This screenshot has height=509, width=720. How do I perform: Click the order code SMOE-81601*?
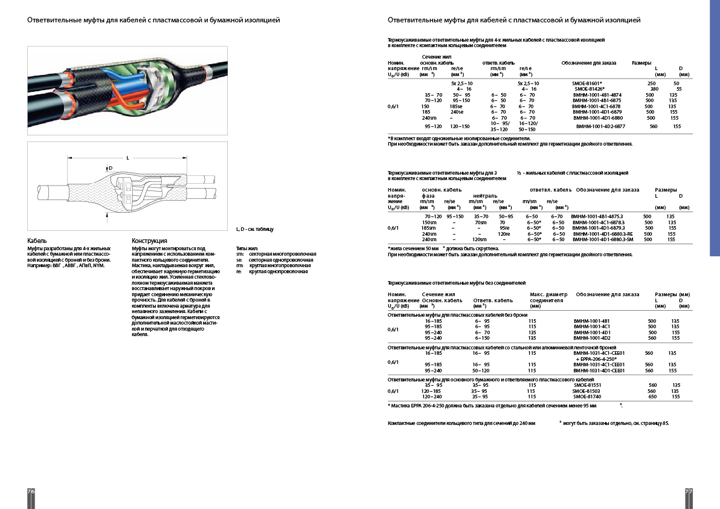click(587, 83)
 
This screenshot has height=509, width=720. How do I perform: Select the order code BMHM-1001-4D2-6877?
click(600, 126)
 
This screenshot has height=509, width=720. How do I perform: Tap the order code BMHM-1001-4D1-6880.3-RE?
click(603, 234)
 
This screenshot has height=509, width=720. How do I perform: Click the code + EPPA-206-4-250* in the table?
click(597, 358)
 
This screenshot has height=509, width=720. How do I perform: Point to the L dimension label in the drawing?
click(127, 158)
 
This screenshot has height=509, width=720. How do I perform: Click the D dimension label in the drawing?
click(111, 168)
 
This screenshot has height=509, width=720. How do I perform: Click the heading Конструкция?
click(149, 241)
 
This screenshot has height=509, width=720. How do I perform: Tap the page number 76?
click(31, 491)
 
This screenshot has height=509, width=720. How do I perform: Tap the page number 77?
click(688, 491)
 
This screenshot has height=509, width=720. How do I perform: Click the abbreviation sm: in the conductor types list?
click(240, 254)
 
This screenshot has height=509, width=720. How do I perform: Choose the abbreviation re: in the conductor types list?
click(239, 271)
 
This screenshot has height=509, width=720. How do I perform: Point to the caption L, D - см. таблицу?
click(254, 230)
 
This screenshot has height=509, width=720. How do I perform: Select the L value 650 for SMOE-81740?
click(652, 397)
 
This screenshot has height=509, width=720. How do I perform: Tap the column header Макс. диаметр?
click(549, 294)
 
